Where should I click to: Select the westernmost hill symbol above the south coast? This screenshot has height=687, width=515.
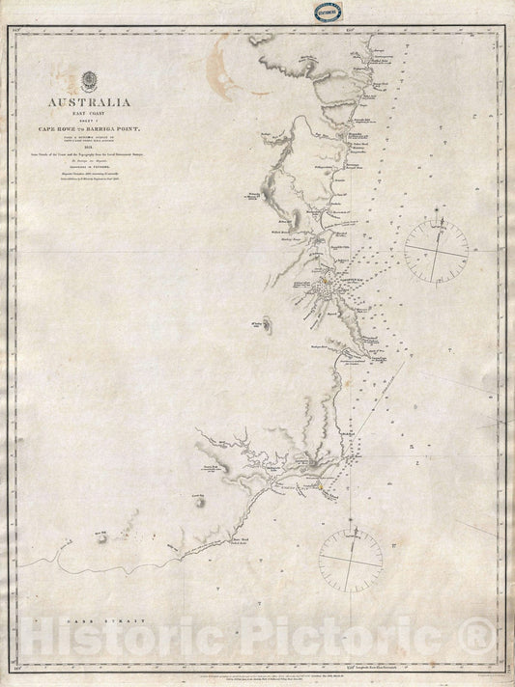click(x=100, y=534)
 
